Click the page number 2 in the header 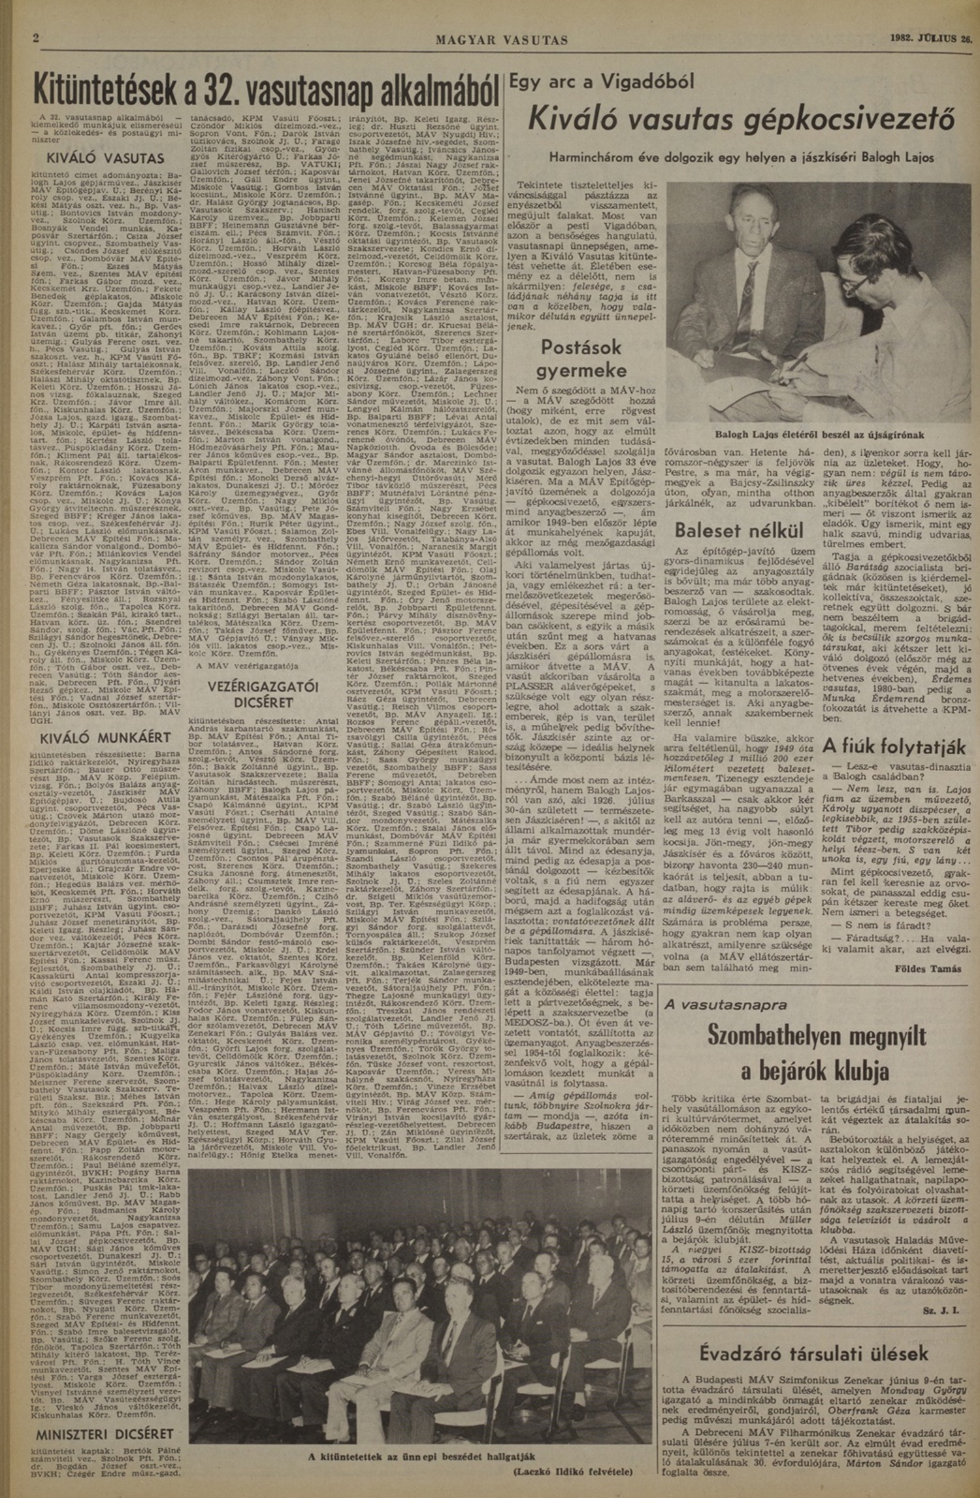[x=37, y=39]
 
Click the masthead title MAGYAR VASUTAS [x=502, y=41]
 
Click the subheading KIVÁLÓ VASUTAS [x=105, y=158]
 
